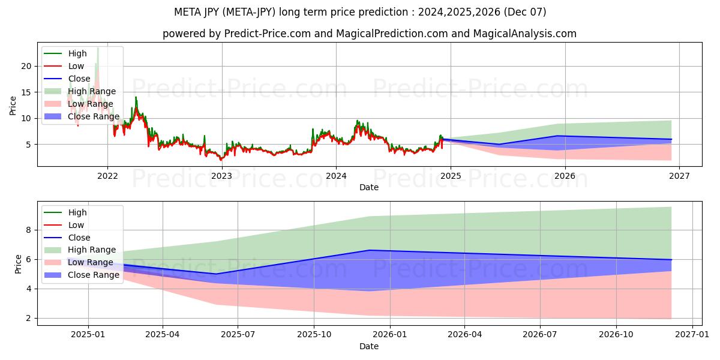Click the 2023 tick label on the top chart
click(x=222, y=176)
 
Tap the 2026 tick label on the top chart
click(x=565, y=176)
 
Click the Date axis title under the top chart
click(x=369, y=187)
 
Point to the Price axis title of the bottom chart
click(x=18, y=263)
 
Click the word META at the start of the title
click(x=187, y=12)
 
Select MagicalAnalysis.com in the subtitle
click(x=524, y=34)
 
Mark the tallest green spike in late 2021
click(x=98, y=49)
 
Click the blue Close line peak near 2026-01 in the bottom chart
click(x=370, y=250)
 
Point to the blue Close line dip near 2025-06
click(x=216, y=274)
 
